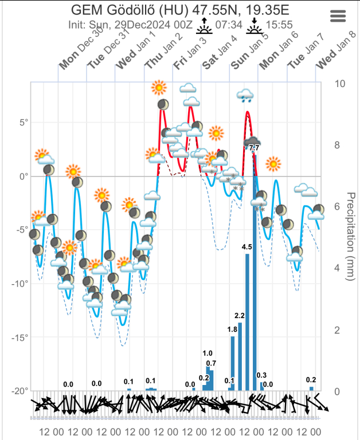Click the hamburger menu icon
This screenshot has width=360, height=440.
pyautogui.click(x=338, y=16)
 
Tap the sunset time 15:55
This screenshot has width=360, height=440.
pyautogui.click(x=279, y=25)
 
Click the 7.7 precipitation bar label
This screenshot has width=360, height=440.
pyautogui.click(x=255, y=148)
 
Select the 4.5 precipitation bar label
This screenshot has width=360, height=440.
pyautogui.click(x=247, y=247)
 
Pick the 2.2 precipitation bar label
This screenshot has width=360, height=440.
pyautogui.click(x=240, y=316)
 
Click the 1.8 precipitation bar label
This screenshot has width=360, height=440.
pyautogui.click(x=232, y=329)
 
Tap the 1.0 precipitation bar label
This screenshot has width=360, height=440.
pyautogui.click(x=208, y=353)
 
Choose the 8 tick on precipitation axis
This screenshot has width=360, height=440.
pyautogui.click(x=339, y=145)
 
